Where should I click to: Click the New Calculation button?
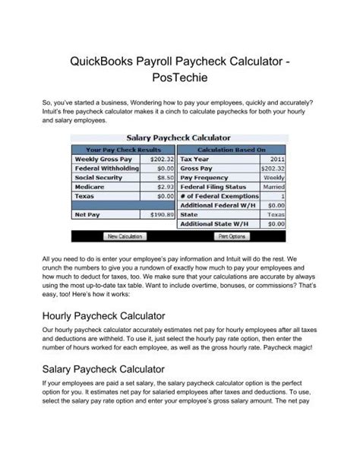(x=125, y=236)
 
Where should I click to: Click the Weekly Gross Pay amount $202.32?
(x=163, y=160)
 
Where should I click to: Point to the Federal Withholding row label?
(x=106, y=169)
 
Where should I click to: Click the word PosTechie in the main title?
(x=180, y=77)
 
